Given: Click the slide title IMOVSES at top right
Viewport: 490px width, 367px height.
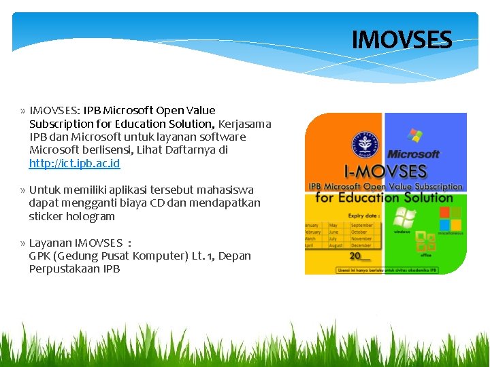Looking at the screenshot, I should tap(402, 40).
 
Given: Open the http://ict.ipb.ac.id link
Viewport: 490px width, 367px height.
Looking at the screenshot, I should tap(74, 164).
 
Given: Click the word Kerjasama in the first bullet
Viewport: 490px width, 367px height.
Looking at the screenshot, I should tap(245, 124).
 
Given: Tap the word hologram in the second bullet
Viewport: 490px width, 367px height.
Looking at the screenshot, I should tap(91, 217).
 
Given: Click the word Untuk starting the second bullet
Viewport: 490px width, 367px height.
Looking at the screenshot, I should tap(44, 190).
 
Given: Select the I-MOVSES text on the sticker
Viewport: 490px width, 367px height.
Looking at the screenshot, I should tap(385, 171).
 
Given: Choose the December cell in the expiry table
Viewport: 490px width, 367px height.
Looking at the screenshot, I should tap(362, 245).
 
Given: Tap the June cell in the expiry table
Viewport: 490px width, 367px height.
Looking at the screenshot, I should tap(336, 232).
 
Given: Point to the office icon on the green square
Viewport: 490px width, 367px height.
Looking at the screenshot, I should tap(425, 241).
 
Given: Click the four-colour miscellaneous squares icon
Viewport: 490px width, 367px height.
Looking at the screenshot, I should tap(450, 219).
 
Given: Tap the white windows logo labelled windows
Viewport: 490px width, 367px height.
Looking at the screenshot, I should tap(404, 220).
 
